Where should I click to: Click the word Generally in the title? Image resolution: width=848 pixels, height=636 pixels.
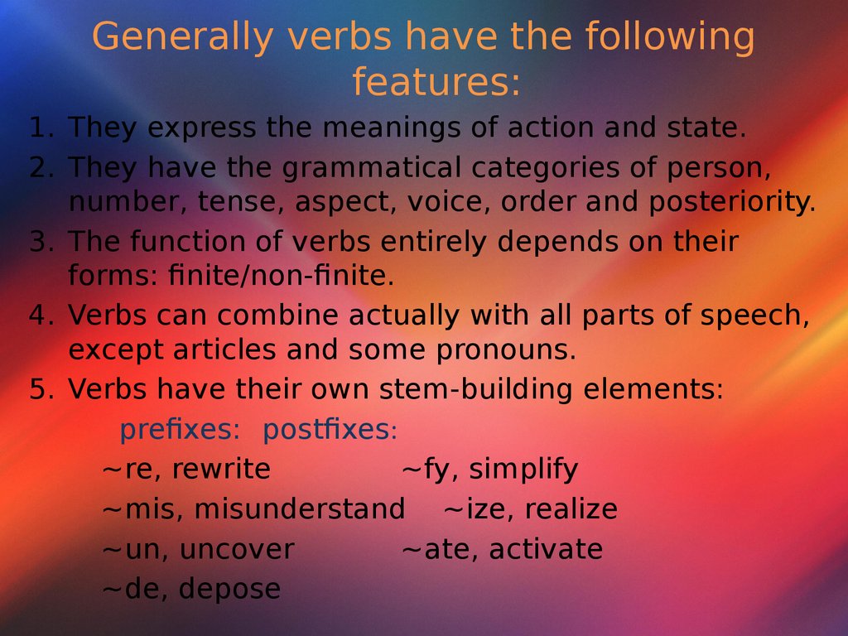(182, 37)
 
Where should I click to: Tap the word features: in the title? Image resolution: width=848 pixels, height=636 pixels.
(436, 82)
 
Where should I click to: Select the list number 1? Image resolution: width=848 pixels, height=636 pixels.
(41, 128)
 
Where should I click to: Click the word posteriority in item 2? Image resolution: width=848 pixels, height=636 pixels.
(732, 201)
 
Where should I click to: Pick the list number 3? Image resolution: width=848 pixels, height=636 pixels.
(41, 241)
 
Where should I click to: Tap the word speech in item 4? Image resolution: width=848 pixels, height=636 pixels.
(754, 316)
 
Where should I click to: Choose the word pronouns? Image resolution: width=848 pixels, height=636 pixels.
(506, 350)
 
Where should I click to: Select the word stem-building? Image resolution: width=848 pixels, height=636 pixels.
(475, 389)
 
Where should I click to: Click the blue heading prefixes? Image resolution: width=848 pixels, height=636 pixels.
(180, 430)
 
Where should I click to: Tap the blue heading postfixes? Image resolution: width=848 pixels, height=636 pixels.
(330, 430)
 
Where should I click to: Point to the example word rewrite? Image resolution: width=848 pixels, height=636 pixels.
(221, 469)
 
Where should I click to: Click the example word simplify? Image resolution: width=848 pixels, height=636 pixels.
(523, 469)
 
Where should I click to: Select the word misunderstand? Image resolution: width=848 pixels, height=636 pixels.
(300, 509)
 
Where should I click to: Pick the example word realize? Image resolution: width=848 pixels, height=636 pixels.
(571, 509)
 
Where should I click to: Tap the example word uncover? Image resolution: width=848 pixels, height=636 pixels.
(237, 550)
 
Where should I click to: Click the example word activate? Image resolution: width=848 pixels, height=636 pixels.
(546, 549)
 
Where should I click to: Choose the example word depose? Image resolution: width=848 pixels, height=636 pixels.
(230, 589)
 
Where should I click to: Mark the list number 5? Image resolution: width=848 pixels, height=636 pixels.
(41, 389)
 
